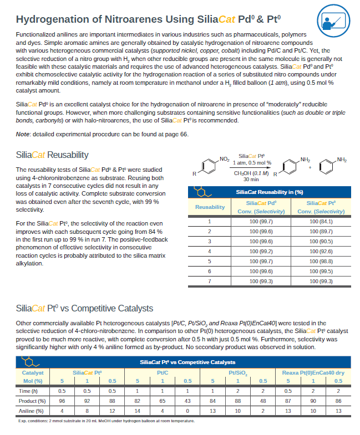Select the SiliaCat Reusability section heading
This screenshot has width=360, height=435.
[52, 155]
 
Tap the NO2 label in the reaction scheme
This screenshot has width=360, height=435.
[225, 159]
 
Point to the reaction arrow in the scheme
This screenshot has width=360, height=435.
[255, 167]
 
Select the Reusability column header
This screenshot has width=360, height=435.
[210, 207]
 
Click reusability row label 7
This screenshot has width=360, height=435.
[210, 281]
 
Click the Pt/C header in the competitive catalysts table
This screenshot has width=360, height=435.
[163, 373]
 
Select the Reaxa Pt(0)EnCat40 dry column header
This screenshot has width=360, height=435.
[313, 373]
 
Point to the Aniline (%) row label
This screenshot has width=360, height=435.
[30, 411]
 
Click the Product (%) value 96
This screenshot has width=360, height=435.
[62, 401]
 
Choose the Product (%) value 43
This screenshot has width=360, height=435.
[187, 401]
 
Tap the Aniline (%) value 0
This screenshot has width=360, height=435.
[187, 411]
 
